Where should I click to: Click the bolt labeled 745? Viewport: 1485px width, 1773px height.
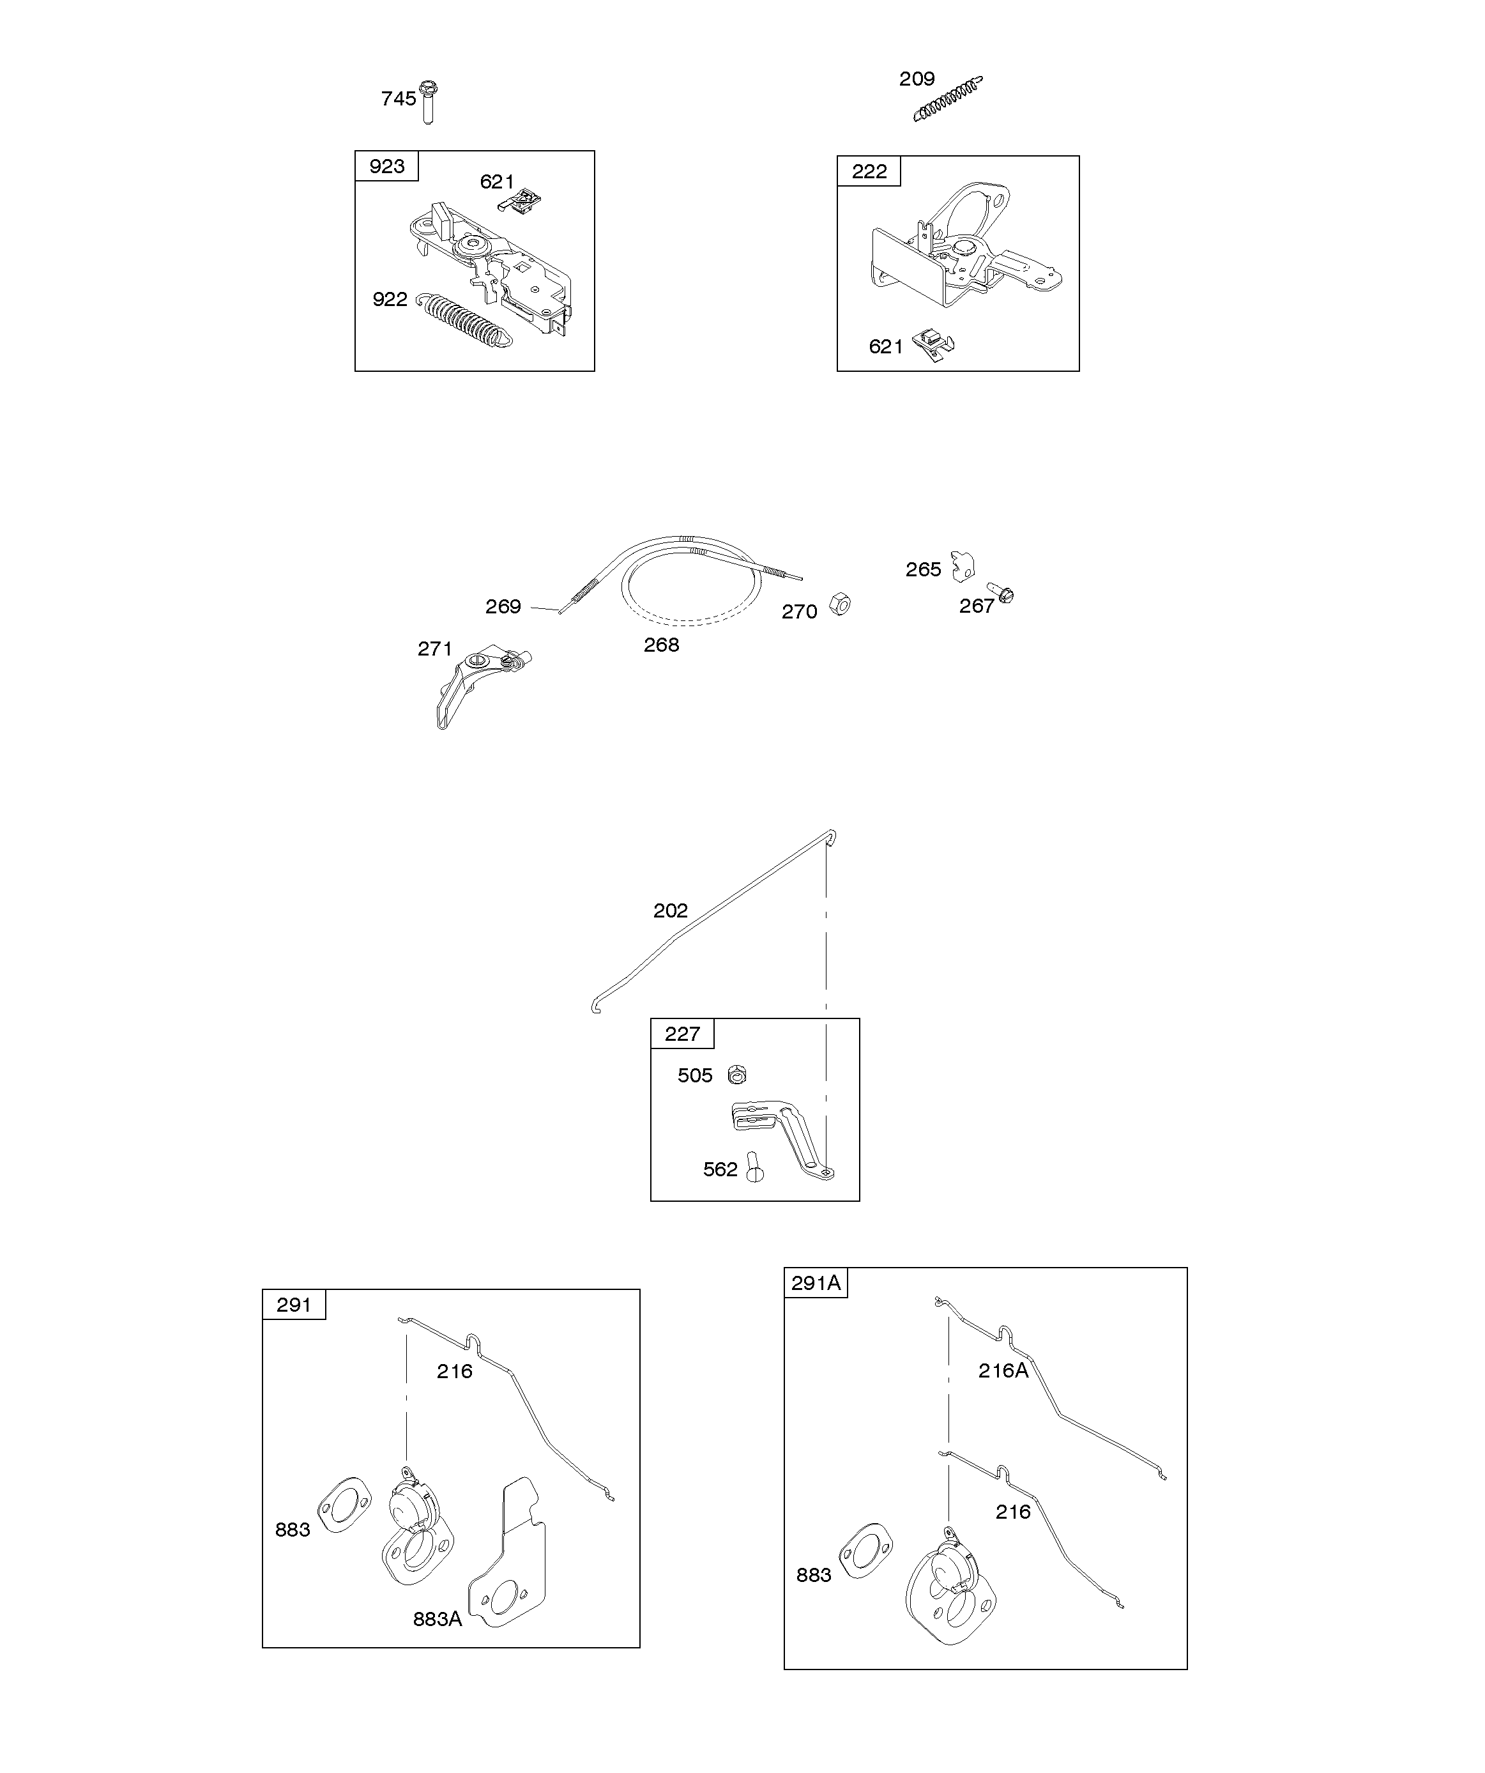coord(429,102)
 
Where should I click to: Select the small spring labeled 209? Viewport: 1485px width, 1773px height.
coord(947,100)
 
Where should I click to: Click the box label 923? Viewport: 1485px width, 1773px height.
coord(386,166)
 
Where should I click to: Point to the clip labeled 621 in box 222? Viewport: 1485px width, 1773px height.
coord(934,344)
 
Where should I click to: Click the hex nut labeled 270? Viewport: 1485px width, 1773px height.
coord(839,604)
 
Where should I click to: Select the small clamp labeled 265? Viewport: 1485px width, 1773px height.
coord(963,565)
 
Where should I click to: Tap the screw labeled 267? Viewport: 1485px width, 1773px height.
coord(1002,595)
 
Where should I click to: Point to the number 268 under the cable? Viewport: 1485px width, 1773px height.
coord(661,645)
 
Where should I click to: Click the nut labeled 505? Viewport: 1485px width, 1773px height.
coord(737,1075)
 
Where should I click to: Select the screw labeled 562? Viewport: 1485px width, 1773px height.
coord(754,1169)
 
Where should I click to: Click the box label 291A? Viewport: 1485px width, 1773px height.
coord(816,1284)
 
